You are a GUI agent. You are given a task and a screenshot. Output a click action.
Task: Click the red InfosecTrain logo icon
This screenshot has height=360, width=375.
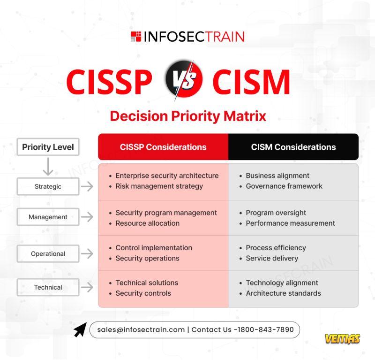point(136,37)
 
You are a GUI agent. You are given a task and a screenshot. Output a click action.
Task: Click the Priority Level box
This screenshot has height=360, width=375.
point(48,147)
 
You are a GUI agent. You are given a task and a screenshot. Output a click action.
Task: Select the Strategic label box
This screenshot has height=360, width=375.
point(48,186)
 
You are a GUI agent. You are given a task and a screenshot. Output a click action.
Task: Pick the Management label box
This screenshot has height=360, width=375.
point(48,217)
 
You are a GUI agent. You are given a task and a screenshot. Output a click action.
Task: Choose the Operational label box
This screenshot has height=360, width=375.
point(48,253)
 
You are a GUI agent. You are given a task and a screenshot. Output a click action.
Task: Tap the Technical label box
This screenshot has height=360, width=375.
point(48,287)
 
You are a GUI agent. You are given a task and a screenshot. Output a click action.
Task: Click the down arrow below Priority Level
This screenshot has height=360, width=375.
point(48,167)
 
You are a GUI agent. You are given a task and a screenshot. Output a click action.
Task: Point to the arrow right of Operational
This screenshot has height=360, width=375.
point(87,253)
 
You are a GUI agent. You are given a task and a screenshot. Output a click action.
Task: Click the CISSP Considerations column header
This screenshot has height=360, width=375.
point(163,147)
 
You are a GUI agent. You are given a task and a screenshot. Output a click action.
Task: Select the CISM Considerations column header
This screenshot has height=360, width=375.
point(293,147)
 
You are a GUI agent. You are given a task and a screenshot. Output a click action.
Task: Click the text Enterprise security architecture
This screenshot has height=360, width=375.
point(167,176)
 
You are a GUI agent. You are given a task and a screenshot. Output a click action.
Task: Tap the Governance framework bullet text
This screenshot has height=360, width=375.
point(284,186)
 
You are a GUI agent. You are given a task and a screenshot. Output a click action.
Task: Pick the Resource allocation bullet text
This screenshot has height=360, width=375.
point(148,223)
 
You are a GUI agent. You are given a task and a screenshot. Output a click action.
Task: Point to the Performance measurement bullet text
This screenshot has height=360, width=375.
point(290,223)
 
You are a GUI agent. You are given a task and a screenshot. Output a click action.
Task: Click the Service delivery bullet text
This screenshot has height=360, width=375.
point(272,258)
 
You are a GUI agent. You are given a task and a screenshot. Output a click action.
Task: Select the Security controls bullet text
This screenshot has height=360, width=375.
point(143,293)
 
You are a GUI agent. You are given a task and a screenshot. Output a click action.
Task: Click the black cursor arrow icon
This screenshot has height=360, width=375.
point(80,330)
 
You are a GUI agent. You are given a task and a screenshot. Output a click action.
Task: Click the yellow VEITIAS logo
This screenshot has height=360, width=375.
point(342,339)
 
